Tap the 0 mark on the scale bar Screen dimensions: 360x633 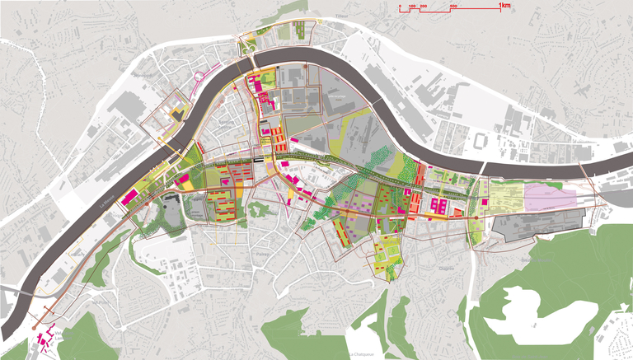pyautogui.click(x=400, y=7)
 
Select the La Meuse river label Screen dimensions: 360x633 pyautogui.click(x=105, y=198)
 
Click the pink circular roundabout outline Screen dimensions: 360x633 pyautogui.click(x=199, y=79)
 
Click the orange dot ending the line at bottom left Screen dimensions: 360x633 pyautogui.click(x=35, y=329)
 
